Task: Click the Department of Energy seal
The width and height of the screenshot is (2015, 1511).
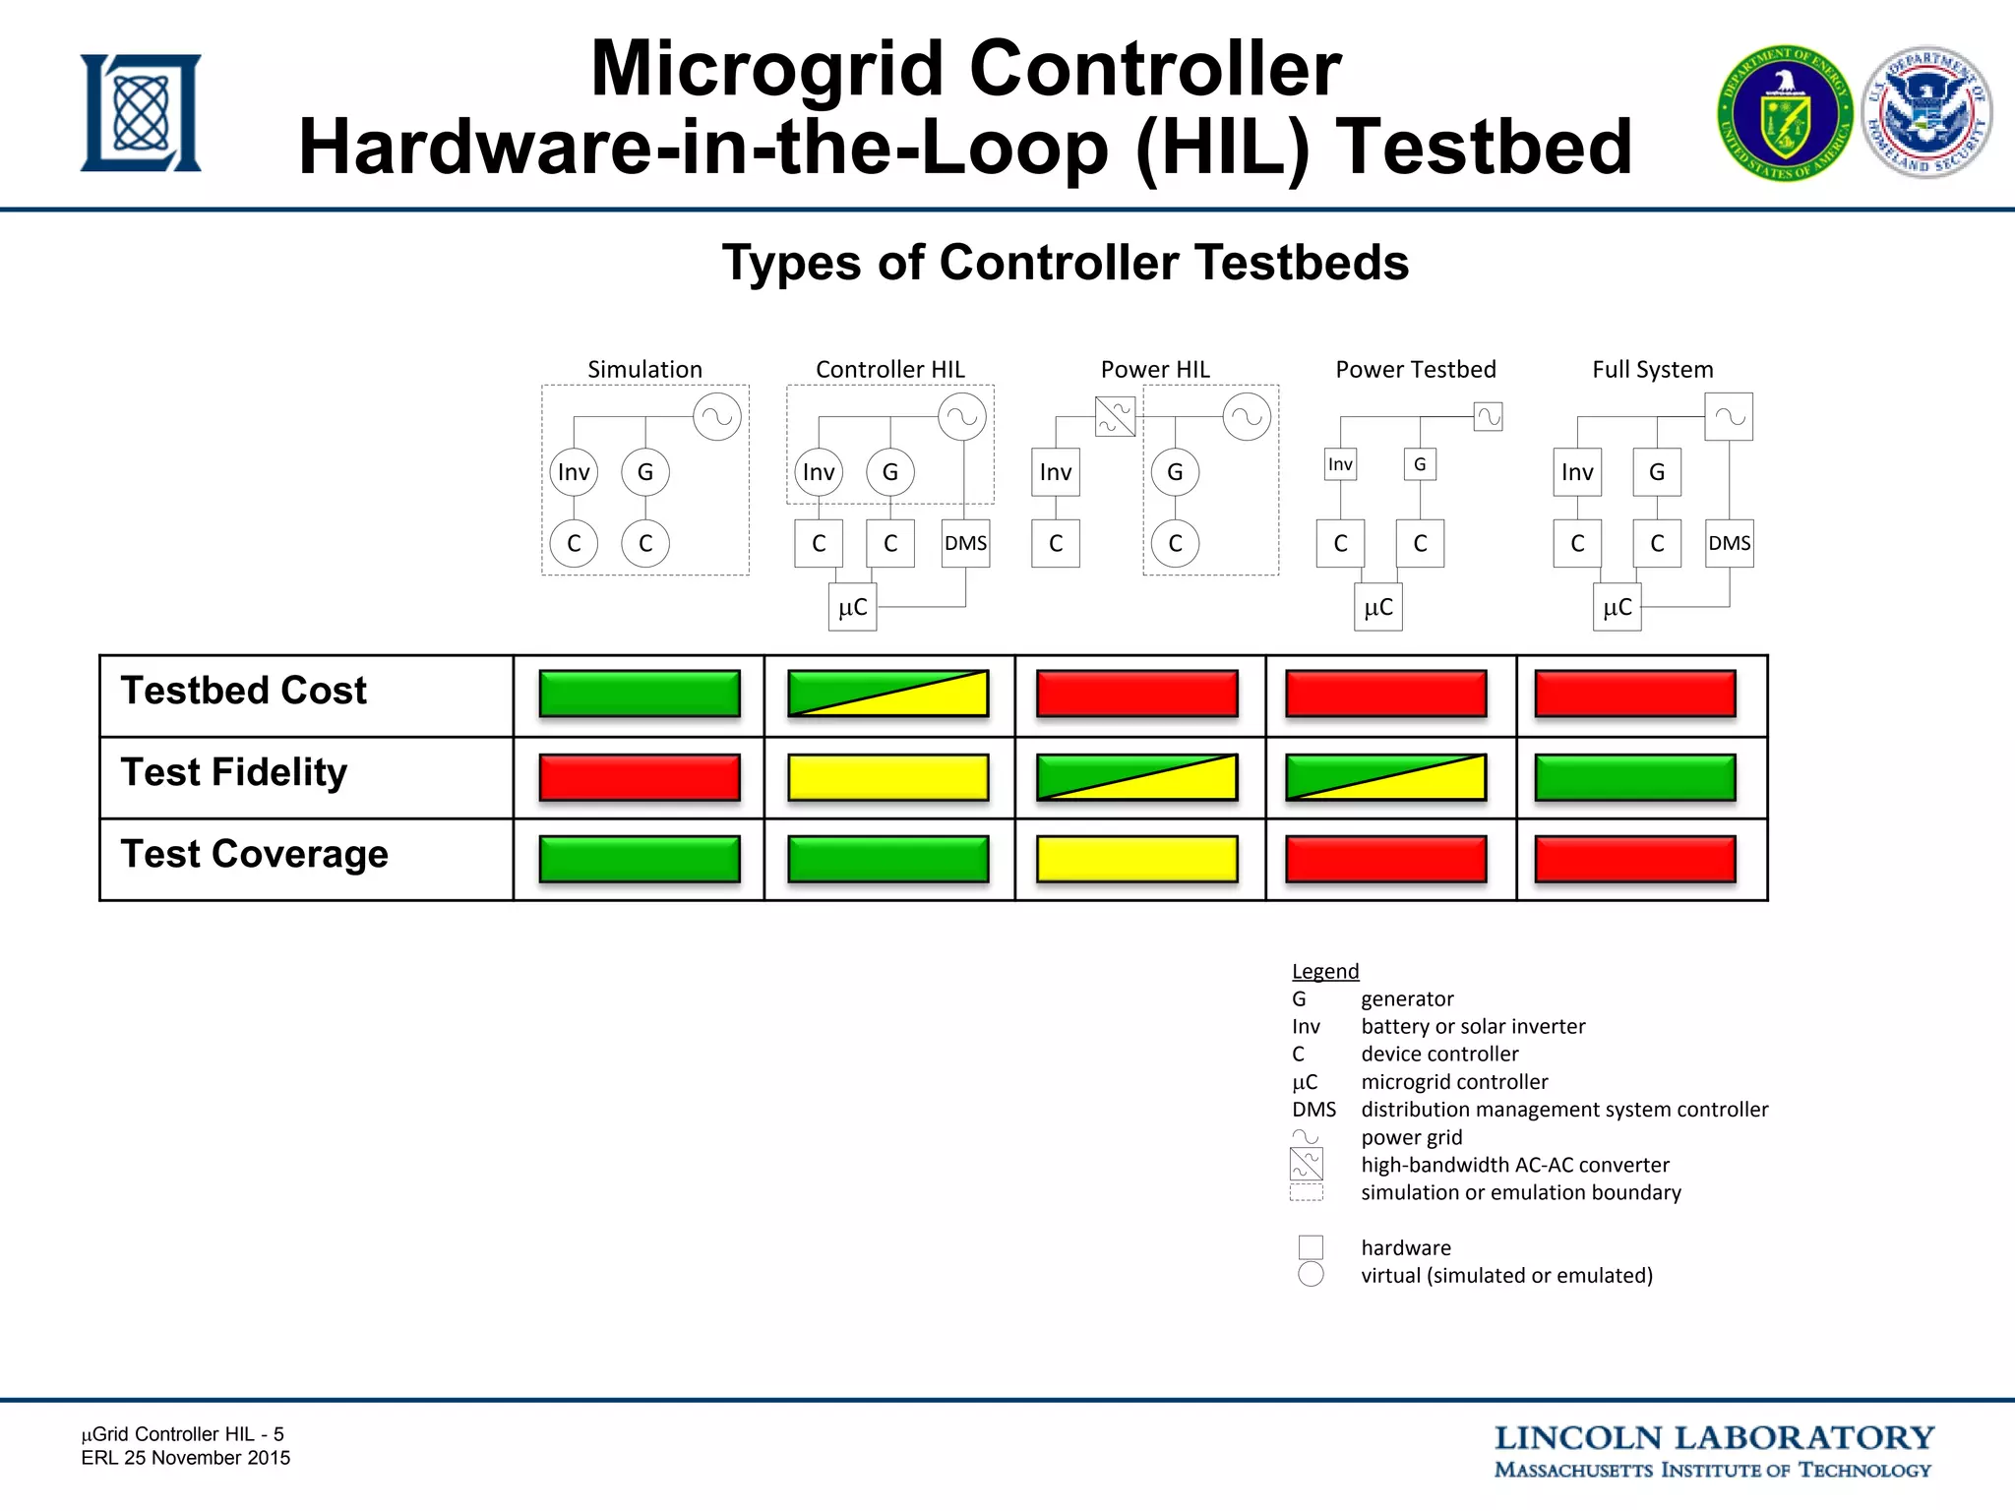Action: click(1785, 114)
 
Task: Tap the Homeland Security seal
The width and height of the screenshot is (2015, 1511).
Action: click(1927, 112)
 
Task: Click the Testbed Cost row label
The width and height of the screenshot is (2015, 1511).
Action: click(243, 691)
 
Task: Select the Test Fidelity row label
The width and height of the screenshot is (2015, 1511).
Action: click(233, 773)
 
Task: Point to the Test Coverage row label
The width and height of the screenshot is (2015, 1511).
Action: click(254, 854)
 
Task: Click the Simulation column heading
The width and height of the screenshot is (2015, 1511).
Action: click(644, 370)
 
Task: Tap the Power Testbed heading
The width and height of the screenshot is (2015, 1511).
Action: click(1415, 370)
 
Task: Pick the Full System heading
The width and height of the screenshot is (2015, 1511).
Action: click(1652, 370)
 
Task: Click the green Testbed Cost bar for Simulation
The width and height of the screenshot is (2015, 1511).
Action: click(640, 694)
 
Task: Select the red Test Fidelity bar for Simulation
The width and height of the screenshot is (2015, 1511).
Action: click(640, 777)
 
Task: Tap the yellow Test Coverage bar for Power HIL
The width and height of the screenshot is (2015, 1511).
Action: click(1137, 859)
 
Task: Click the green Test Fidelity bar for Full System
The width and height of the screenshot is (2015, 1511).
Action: click(1634, 777)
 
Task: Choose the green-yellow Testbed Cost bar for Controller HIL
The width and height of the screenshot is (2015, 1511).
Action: click(888, 694)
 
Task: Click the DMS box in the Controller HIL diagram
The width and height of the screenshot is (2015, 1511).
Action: click(965, 543)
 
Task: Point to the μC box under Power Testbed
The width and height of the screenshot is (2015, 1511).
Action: click(1377, 607)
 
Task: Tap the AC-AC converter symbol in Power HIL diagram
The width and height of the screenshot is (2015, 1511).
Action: click(1115, 416)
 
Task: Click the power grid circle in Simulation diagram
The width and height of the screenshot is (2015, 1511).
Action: click(717, 416)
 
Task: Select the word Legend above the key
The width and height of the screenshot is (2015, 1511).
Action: click(1324, 972)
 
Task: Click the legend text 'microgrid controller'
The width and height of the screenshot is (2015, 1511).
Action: click(1454, 1082)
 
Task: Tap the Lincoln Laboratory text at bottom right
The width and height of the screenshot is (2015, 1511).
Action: click(1713, 1439)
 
